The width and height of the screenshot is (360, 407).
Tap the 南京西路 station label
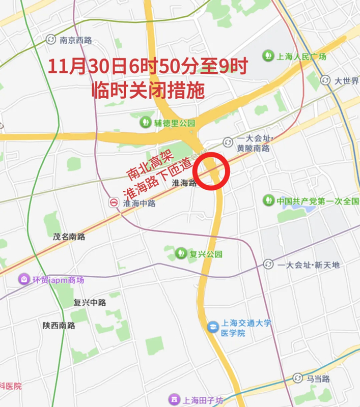coord(75,40)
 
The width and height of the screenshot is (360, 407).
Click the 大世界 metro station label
coord(347,81)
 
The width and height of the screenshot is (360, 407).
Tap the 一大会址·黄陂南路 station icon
coord(228,141)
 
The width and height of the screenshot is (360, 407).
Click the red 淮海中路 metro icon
coord(114,202)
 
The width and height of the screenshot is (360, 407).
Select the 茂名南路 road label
coord(69,237)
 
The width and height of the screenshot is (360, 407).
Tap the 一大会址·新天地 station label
coord(309,265)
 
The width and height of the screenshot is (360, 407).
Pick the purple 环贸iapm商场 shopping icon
coord(23,279)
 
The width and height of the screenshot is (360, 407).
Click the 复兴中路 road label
coord(90,302)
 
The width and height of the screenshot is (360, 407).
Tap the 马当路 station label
coord(318,379)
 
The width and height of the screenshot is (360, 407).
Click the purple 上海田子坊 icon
coord(174,399)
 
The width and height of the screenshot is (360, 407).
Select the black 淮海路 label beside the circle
coord(184,183)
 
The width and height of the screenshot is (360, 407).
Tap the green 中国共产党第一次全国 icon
coord(268,200)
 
